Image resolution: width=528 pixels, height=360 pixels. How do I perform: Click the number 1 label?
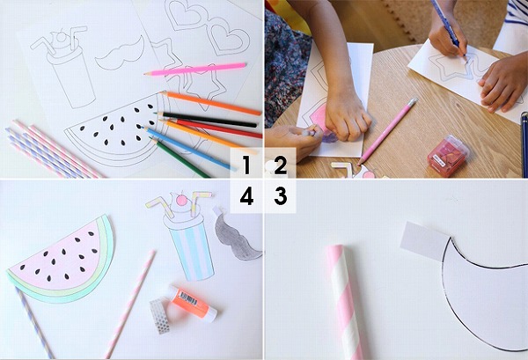pos(246,165)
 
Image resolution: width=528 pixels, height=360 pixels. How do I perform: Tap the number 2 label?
pos(280,165)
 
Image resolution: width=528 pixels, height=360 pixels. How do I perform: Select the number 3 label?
pos(280,196)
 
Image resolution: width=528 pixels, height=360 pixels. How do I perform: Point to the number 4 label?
pos(246,196)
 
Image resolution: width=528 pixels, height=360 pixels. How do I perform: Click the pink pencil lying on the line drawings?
pos(194,68)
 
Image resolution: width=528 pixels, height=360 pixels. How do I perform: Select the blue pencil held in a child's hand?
pos(450,27)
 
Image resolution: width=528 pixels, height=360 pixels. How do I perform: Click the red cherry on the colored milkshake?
pos(180,201)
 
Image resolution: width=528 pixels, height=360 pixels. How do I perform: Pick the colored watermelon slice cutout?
pos(62,255)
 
